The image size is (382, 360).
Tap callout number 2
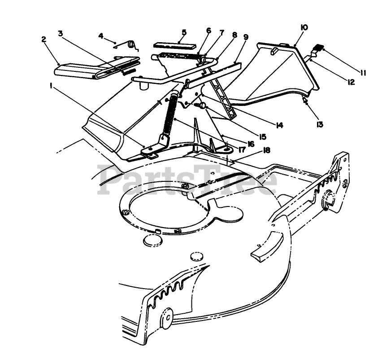(x=43, y=40)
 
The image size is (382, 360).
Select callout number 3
(x=61, y=33)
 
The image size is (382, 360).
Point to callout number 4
(x=101, y=35)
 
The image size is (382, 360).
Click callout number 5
(x=184, y=32)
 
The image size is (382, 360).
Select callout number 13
(x=320, y=124)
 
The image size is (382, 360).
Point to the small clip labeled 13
(x=305, y=101)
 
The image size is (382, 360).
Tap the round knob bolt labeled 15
(x=203, y=105)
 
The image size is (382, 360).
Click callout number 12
(x=351, y=82)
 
